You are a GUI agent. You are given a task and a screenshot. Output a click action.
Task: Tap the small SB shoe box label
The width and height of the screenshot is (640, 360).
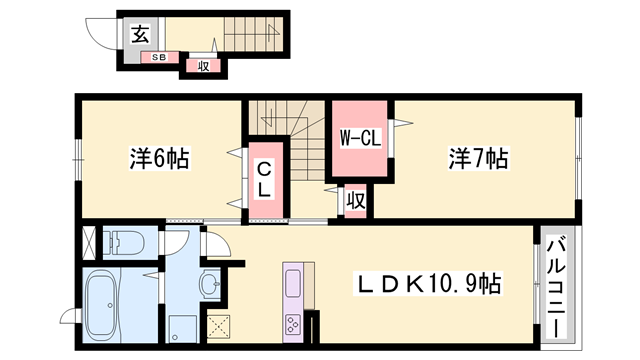(159, 57)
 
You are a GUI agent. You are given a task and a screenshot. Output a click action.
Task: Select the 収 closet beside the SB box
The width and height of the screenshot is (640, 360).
(202, 67)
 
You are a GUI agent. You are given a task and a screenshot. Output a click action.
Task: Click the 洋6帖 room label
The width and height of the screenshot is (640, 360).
(159, 158)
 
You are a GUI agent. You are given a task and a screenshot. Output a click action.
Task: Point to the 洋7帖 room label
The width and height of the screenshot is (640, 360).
(478, 158)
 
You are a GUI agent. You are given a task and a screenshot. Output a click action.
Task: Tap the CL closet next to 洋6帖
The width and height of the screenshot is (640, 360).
(265, 179)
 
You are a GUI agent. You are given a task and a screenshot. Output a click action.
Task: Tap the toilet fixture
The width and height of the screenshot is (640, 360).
(126, 241)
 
